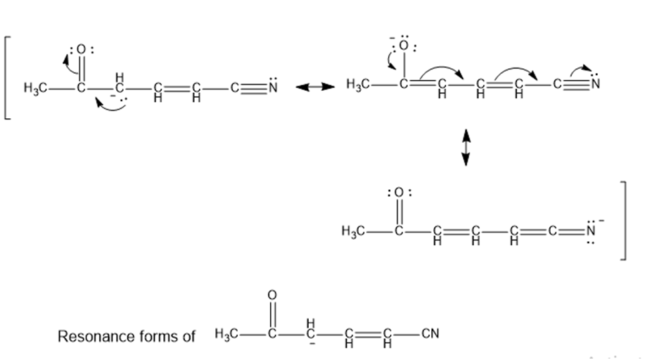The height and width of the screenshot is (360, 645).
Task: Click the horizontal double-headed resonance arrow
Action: pos(315,87)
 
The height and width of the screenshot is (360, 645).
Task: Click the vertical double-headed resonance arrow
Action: pos(466,148)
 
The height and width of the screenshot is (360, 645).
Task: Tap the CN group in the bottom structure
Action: pos(430,333)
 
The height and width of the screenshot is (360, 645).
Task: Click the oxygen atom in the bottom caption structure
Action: pos(272,295)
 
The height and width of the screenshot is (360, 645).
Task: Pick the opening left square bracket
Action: pos(8,78)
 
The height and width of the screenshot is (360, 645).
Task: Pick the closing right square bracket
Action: pos(623,221)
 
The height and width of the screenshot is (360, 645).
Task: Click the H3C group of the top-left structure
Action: pos(35,88)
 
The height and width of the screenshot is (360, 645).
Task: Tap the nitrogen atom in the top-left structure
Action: pos(273,87)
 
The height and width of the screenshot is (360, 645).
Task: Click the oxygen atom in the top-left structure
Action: pos(81,50)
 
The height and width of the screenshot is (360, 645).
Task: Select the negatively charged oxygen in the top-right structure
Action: pos(404,46)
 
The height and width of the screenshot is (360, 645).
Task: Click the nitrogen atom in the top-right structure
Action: pos(595,84)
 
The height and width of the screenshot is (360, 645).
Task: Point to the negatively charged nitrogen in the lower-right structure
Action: pos(591,231)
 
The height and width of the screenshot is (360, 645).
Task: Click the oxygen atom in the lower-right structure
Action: pos(398,193)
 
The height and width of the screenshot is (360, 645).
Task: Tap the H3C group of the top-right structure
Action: pos(357,85)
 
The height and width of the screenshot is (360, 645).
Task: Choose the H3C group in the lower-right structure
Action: pos(353,232)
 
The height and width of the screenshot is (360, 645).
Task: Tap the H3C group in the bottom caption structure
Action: pos(226,333)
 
